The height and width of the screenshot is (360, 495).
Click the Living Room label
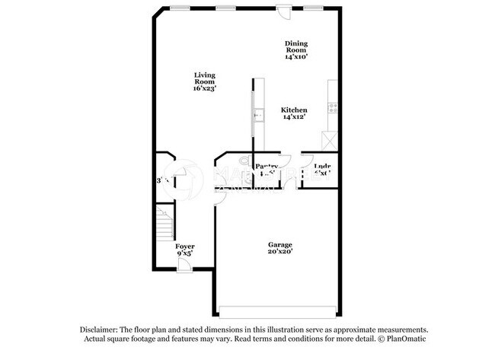204,78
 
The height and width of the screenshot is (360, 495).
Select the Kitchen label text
294,109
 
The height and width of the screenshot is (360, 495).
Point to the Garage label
279,244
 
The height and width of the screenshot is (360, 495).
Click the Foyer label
185,247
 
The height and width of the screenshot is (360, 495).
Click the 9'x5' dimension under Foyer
185,254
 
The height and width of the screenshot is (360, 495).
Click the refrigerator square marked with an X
330,140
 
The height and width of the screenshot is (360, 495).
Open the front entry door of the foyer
184,264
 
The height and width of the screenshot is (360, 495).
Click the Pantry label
267,167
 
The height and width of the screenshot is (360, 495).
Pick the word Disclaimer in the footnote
103,329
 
